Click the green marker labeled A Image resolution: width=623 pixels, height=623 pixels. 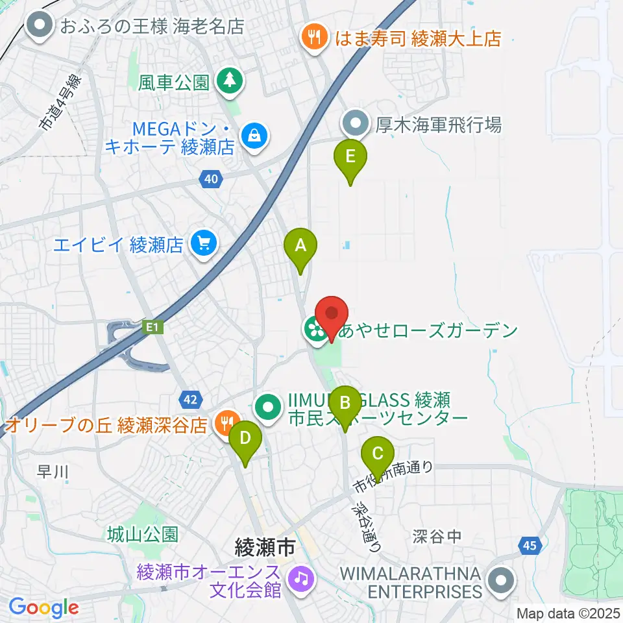(x=300, y=246)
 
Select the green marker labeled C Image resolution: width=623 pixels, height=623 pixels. (x=377, y=454)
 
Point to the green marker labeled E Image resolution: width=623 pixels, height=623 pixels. (x=350, y=158)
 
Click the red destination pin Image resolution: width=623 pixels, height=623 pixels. (x=332, y=315)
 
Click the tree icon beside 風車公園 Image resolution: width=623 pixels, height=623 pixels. (x=229, y=81)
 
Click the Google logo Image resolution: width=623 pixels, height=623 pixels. (x=44, y=607)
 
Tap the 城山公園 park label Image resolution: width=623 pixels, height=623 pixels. (x=142, y=534)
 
